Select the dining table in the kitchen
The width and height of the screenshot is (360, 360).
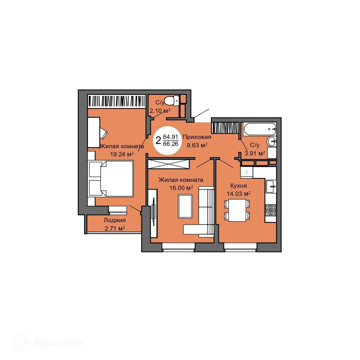pyautogui.click(x=237, y=210)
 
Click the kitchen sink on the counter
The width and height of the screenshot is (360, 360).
pyautogui.click(x=271, y=187)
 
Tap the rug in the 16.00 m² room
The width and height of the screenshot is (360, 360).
pyautogui.click(x=185, y=206)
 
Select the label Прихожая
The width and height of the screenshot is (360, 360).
pyautogui.click(x=197, y=137)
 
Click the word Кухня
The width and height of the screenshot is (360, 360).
pyautogui.click(x=238, y=185)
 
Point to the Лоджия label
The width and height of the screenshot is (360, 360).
pyautogui.click(x=115, y=220)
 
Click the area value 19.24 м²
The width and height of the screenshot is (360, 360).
pyautogui.click(x=122, y=154)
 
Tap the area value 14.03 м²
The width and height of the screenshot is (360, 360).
pyautogui.click(x=238, y=193)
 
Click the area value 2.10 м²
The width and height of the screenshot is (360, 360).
pyautogui.click(x=160, y=110)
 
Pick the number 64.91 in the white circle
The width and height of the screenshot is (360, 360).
pyautogui.click(x=171, y=137)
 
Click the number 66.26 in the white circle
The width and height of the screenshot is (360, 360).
pyautogui.click(x=171, y=144)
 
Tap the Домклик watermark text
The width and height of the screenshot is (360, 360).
pyautogui.click(x=57, y=343)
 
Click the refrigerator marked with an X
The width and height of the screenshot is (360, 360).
pyautogui.click(x=247, y=172)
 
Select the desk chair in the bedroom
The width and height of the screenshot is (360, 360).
pyautogui.click(x=103, y=133)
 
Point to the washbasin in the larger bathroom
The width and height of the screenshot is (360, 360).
pyautogui.click(x=272, y=140)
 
